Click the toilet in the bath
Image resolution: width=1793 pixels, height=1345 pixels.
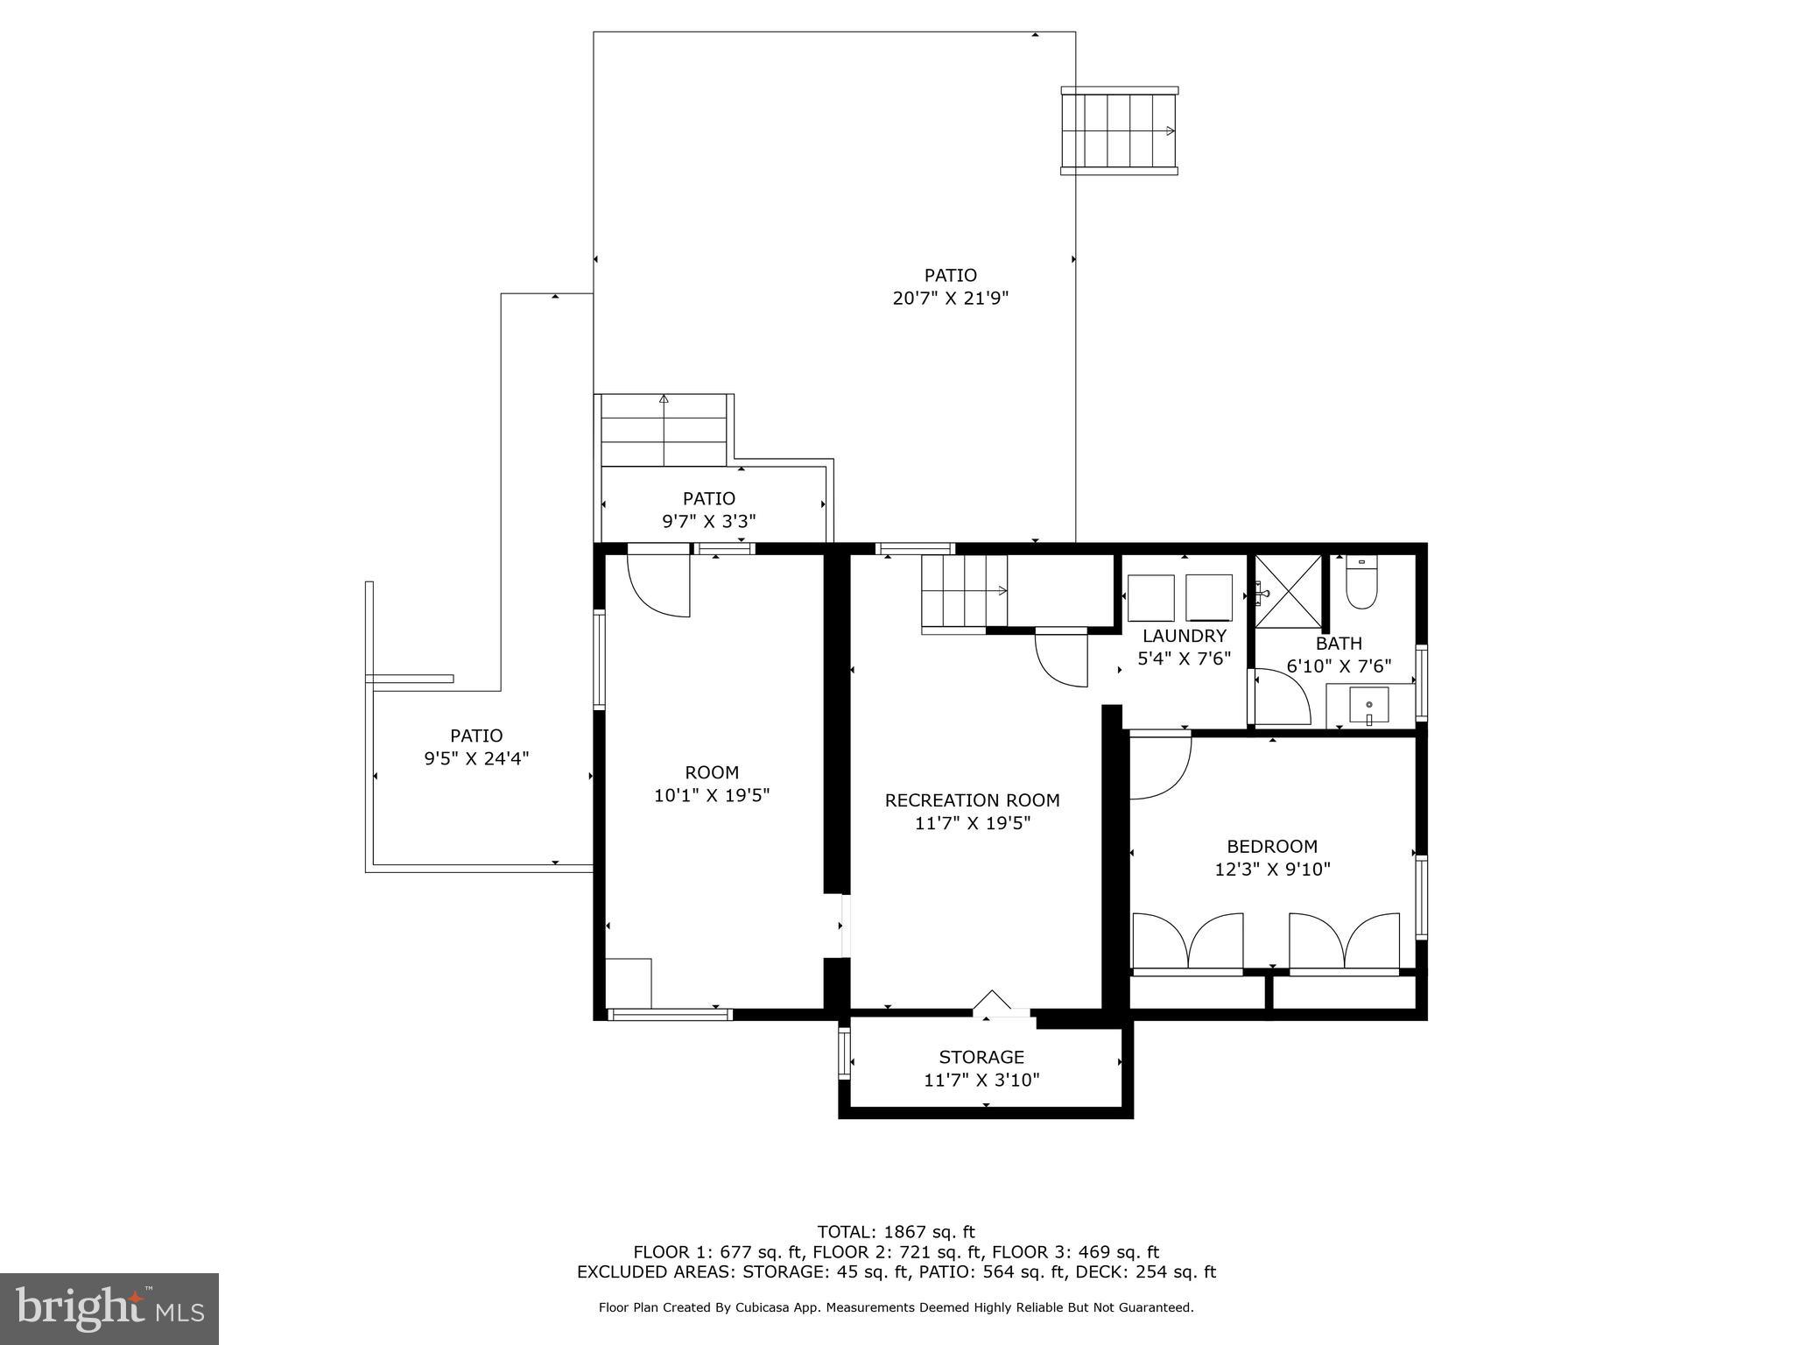tap(1361, 584)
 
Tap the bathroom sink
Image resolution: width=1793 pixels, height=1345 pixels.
tap(1368, 706)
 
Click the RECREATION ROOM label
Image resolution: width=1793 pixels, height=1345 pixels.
tap(972, 800)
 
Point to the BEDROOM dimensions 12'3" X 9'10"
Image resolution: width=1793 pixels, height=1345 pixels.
tap(1272, 870)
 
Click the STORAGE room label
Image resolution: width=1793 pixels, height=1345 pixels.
tap(981, 1057)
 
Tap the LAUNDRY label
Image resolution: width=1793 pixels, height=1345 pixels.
tap(1184, 636)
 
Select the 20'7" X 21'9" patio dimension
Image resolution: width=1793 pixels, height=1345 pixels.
tap(950, 299)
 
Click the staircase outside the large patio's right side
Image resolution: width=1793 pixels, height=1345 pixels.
tap(1118, 131)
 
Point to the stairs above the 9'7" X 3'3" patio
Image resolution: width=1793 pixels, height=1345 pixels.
tap(664, 431)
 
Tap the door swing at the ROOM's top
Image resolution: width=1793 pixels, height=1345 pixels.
tap(658, 585)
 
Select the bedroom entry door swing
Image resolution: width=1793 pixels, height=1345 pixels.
tap(1158, 768)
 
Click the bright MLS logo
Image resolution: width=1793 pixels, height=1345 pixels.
tap(109, 1309)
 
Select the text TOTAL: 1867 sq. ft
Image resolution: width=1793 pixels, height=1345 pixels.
tap(896, 1232)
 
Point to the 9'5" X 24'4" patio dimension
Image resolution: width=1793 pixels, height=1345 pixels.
tap(476, 759)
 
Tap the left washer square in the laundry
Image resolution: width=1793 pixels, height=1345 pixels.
tap(1150, 598)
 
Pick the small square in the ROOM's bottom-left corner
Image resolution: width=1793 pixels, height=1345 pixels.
tap(628, 983)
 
